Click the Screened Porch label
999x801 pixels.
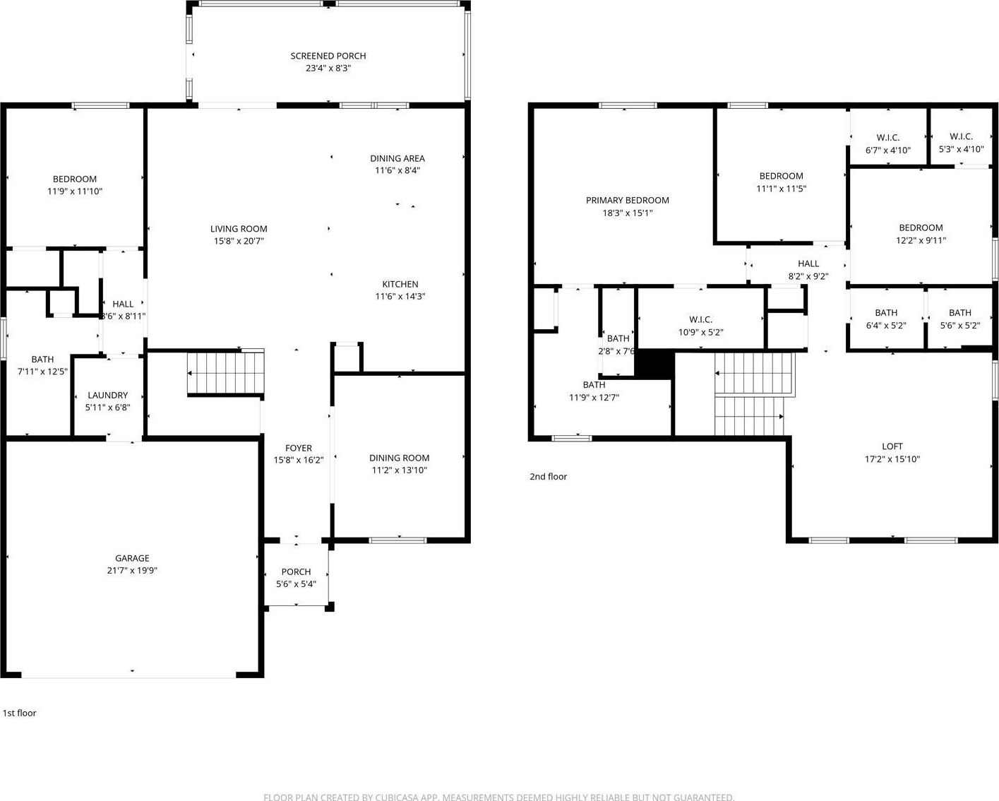(328, 57)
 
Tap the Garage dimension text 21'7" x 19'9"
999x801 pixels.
(132, 571)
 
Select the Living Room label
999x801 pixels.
(239, 229)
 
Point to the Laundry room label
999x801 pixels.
(108, 395)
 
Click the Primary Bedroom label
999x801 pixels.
(627, 201)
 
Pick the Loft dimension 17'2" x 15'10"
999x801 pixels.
(892, 459)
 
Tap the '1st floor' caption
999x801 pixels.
(20, 713)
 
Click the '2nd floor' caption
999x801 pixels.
(549, 476)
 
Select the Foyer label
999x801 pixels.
(298, 448)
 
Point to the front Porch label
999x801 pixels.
(297, 571)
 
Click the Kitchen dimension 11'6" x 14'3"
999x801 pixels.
(400, 297)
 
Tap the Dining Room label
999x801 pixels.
(399, 458)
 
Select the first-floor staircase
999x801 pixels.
(226, 373)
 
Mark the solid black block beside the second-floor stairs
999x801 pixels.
(654, 364)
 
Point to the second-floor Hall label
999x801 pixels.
(808, 263)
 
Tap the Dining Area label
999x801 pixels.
(397, 158)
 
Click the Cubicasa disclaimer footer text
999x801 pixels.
(499, 797)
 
